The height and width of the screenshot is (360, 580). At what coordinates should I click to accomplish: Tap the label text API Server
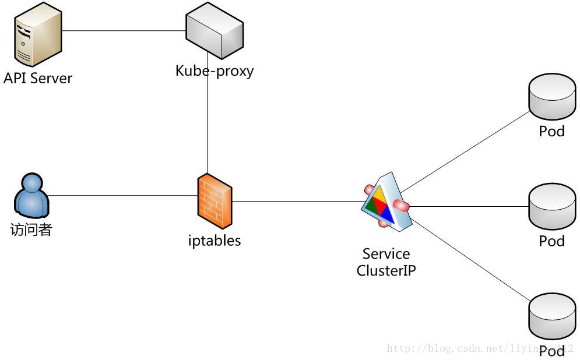(x=38, y=78)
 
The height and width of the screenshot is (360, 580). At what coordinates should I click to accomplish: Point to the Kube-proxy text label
(x=215, y=71)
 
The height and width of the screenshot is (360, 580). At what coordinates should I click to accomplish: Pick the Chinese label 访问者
(x=31, y=230)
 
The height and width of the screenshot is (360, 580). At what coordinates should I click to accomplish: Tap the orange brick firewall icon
(x=215, y=200)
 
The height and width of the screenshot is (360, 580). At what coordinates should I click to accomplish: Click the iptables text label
(x=215, y=240)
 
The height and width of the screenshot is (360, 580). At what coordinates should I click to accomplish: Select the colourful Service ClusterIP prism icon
(x=386, y=200)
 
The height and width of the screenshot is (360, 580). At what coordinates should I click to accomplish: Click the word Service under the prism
(x=386, y=254)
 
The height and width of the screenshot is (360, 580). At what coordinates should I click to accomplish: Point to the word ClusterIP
(x=386, y=270)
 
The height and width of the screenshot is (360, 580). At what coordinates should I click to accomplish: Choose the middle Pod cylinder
(x=551, y=207)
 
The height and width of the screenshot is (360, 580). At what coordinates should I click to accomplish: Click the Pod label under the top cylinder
(x=551, y=131)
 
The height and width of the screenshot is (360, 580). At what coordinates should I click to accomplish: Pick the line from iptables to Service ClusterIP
(x=297, y=202)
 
